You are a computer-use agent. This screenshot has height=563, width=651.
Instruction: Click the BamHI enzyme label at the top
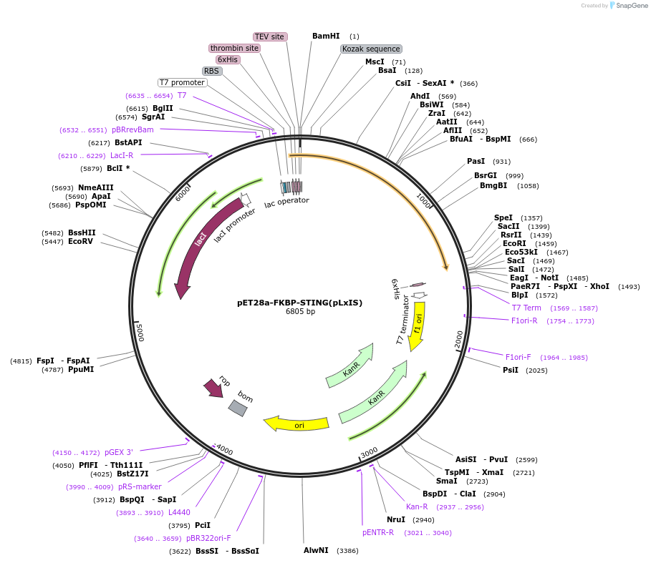(326, 36)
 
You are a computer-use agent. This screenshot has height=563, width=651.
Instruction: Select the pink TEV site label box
(270, 36)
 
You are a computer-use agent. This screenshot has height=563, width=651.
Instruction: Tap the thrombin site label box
(235, 48)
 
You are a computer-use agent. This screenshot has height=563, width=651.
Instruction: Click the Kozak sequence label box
(371, 49)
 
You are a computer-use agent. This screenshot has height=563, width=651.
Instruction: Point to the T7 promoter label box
(182, 82)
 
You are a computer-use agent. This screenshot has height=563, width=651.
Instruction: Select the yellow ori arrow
(296, 424)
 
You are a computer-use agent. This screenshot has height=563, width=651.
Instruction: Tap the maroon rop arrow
(213, 388)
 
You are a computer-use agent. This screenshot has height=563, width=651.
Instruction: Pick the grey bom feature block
(238, 408)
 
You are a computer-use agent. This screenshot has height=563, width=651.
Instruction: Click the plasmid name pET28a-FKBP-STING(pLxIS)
(300, 303)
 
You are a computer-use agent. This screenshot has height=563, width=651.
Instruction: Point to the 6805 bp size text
(300, 312)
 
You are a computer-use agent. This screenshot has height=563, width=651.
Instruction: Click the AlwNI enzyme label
(316, 550)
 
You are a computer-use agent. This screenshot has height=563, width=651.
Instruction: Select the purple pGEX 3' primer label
(119, 452)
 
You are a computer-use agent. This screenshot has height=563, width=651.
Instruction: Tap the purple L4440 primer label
(179, 512)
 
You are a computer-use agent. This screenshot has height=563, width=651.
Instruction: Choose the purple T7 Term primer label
(526, 308)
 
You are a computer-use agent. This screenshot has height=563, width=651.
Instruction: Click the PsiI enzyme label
(511, 370)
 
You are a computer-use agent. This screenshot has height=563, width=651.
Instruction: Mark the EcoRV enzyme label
(81, 242)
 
